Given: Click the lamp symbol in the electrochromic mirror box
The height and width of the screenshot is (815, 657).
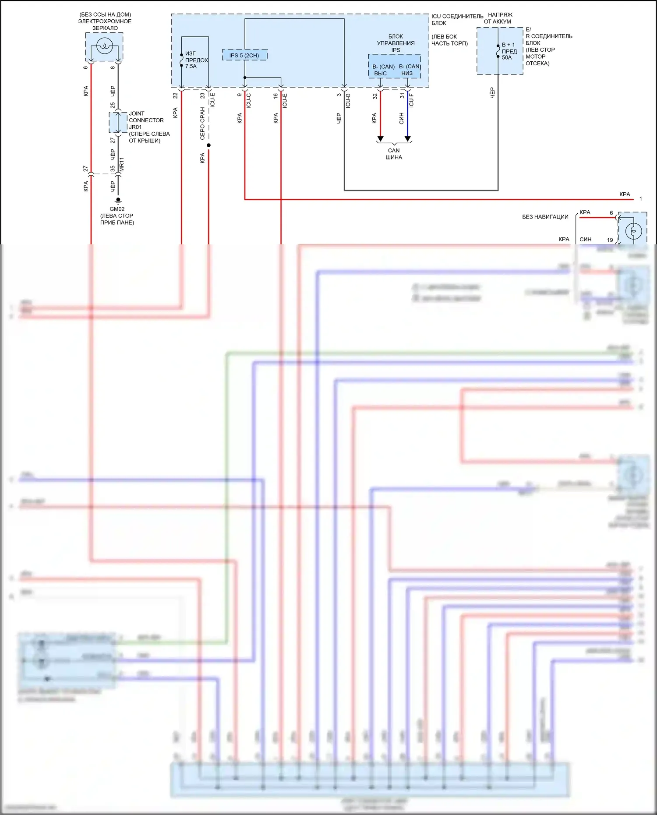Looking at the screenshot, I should [104, 46].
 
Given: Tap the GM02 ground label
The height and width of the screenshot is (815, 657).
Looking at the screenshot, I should [117, 209].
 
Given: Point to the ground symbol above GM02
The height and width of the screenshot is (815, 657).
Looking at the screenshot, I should [118, 201].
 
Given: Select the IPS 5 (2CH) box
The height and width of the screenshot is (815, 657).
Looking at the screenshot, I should [244, 55].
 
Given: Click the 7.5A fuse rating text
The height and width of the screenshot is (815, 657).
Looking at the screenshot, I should [191, 67].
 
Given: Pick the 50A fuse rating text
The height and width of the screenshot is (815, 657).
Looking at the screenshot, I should [507, 57].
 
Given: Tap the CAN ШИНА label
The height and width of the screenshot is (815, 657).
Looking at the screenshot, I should [394, 154].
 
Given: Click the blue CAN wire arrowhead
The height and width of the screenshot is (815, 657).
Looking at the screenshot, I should [408, 139].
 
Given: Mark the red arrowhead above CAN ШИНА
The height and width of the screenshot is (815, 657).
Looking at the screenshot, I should [380, 139].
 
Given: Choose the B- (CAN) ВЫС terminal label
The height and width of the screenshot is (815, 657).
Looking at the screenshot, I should [383, 70].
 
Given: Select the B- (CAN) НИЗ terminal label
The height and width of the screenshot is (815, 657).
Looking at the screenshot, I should [409, 70].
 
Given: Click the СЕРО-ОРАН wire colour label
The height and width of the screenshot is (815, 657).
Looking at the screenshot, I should [202, 123].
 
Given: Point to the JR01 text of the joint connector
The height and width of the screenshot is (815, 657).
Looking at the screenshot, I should [135, 127].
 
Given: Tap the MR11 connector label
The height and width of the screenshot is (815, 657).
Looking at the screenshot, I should [122, 164].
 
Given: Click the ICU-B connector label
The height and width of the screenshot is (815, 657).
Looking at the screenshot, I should [348, 101].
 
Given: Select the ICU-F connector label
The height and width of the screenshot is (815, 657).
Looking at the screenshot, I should [411, 101].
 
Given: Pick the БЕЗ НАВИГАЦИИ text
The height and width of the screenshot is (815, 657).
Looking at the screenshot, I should [545, 217].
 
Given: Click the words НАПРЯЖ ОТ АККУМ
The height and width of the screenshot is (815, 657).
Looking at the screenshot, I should [498, 18].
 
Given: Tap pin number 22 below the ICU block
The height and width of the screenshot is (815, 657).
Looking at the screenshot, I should [175, 95].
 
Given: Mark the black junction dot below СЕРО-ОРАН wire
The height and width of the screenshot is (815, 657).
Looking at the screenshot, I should [208, 145].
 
